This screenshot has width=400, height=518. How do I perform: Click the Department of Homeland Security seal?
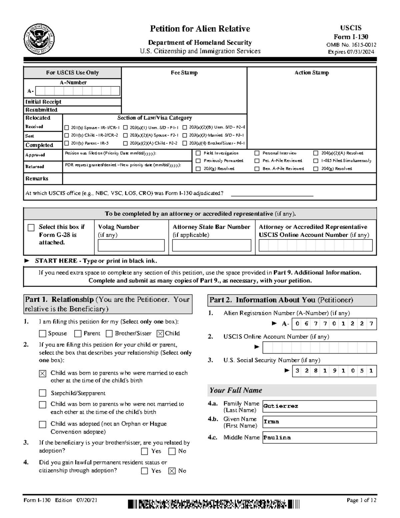[39, 39]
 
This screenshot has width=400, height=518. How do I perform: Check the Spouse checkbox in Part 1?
[43, 334]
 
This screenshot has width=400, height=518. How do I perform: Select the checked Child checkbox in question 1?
[160, 334]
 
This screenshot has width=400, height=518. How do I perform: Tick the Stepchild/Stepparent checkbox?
[43, 393]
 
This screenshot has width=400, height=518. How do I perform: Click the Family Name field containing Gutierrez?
[319, 406]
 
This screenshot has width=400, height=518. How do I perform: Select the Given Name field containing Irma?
[319, 422]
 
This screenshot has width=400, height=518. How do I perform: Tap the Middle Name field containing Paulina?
[319, 438]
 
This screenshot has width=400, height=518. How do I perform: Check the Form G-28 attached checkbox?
[31, 227]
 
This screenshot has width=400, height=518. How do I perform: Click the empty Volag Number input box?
[131, 245]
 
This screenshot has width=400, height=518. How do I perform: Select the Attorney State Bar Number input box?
[211, 245]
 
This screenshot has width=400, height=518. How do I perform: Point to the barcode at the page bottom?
[213, 504]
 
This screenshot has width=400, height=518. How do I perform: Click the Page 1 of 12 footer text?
[361, 500]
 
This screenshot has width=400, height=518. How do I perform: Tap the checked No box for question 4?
[172, 471]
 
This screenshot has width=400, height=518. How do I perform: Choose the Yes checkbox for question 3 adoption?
[145, 451]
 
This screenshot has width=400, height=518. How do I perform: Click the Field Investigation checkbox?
[198, 153]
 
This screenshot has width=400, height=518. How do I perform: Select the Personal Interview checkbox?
[257, 153]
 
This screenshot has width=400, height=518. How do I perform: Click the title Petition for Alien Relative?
[200, 29]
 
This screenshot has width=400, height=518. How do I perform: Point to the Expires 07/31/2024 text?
[351, 52]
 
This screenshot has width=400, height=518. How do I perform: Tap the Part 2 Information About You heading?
[281, 300]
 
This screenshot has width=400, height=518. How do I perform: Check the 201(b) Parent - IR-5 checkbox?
[67, 143]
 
